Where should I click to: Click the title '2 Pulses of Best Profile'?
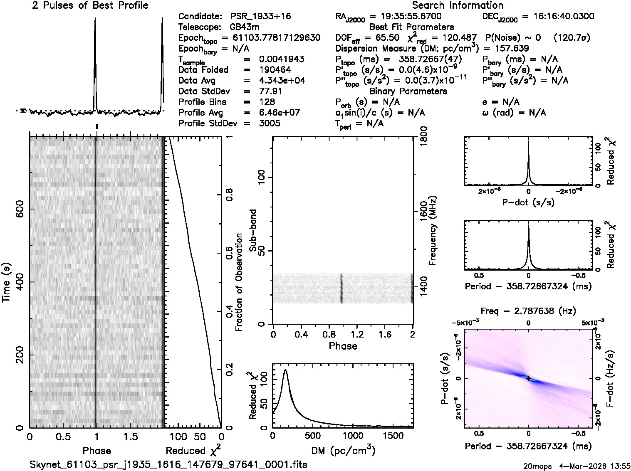point(90,5)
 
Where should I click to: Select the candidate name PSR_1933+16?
point(261,17)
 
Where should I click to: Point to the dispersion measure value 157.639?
point(510,48)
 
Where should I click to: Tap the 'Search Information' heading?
point(458,5)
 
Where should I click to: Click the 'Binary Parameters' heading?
point(408,91)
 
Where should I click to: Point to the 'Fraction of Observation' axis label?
point(239,282)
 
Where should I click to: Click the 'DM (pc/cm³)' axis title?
point(343,450)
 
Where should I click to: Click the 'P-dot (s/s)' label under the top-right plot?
point(528,202)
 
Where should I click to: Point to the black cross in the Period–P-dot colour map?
point(528,378)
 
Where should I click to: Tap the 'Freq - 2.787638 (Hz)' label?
point(528,311)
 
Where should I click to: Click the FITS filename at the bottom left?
point(168,464)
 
